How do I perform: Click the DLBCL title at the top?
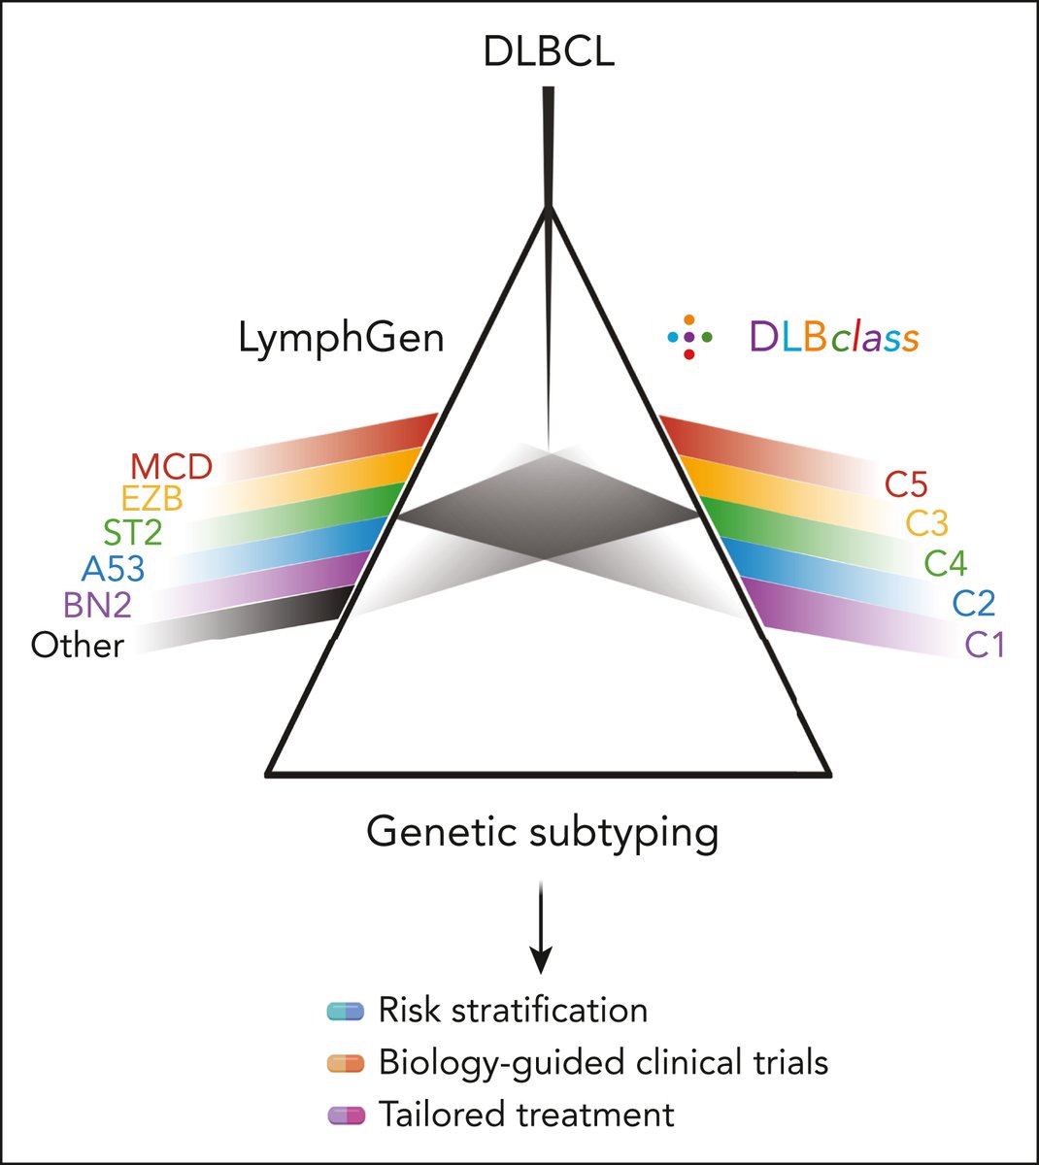(549, 51)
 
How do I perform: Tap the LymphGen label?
(342, 338)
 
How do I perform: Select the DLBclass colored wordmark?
(833, 337)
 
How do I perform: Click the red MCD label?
(171, 467)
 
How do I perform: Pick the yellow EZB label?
(151, 500)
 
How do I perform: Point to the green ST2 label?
(132, 533)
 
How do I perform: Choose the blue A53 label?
(113, 568)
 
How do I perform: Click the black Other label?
(78, 645)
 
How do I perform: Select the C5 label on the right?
(905, 483)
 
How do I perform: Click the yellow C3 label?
(926, 523)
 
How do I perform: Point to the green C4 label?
(945, 563)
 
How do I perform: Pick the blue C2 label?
(973, 604)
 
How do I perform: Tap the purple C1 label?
(984, 645)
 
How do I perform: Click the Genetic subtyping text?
(543, 832)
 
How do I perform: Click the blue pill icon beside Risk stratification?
(346, 1011)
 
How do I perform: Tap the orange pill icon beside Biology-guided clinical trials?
(346, 1063)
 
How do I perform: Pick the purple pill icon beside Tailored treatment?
(346, 1115)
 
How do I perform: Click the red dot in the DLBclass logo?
(688, 354)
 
